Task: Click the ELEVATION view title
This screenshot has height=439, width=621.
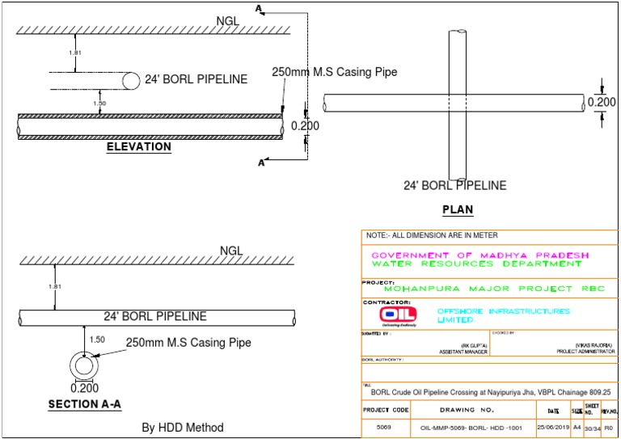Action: point(139,147)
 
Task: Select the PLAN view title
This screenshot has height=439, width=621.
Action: point(458,210)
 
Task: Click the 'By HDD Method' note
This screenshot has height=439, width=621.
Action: point(183,427)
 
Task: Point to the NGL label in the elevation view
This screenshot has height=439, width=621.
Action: point(230,20)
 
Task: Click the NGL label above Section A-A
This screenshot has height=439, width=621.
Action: point(232,251)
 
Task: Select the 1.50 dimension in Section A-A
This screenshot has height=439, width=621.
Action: point(97,340)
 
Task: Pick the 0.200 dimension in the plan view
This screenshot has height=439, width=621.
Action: point(601,102)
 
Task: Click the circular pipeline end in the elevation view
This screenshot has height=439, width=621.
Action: point(130,80)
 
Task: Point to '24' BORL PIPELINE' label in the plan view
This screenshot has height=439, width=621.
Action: point(455,185)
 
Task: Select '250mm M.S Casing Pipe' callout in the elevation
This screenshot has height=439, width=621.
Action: point(334,72)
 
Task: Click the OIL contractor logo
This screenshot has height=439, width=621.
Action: point(400,314)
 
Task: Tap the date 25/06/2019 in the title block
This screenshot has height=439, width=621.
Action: point(553,426)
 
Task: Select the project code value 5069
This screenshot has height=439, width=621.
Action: point(384,426)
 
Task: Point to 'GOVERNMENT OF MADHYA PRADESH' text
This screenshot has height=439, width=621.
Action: point(479,255)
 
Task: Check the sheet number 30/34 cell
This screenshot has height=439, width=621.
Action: point(591,426)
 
